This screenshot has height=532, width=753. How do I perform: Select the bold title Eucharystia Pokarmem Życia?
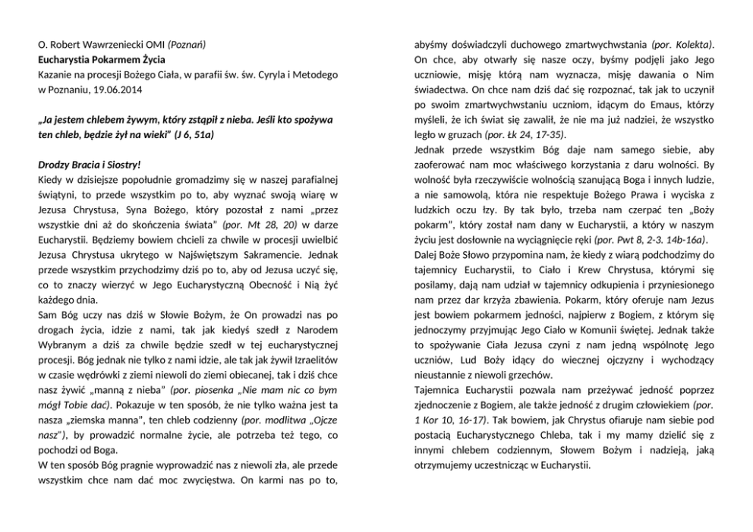point(102,59)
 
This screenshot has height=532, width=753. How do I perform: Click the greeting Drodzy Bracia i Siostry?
point(90,164)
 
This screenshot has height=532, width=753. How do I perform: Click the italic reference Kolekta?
point(694,45)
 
